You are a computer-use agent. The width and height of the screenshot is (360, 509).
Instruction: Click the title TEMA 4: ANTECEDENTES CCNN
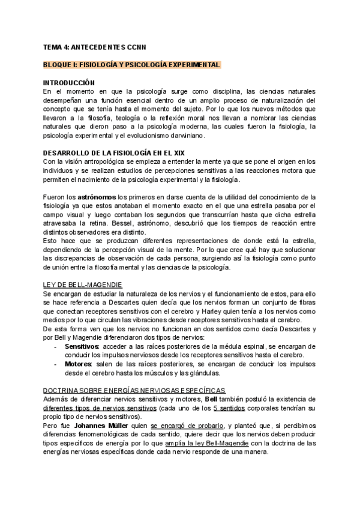[94, 46]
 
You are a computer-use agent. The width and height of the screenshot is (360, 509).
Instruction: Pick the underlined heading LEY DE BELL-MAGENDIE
[83, 284]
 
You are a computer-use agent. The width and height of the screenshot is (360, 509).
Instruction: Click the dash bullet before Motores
[55, 364]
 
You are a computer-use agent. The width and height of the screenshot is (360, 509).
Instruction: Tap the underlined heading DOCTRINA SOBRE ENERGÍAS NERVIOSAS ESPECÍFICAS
[134, 390]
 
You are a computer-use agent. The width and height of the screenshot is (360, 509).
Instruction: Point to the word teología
[116, 118]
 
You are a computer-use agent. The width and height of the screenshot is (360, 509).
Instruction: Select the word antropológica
[107, 161]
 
